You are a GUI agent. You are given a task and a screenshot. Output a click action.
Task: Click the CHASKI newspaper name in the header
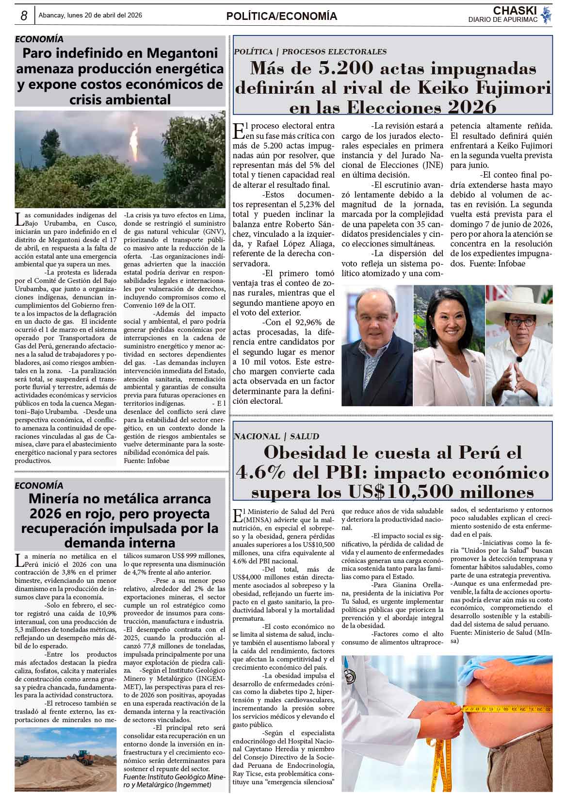coord(515,11)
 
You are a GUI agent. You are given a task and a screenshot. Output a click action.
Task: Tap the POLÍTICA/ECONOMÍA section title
coord(281,17)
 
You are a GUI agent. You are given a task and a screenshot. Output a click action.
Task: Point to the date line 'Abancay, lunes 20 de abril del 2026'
coord(90,16)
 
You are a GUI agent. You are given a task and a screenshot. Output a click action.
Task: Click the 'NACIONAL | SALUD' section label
coord(276,436)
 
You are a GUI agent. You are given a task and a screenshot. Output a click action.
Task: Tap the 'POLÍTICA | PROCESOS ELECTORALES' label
coord(310,51)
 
